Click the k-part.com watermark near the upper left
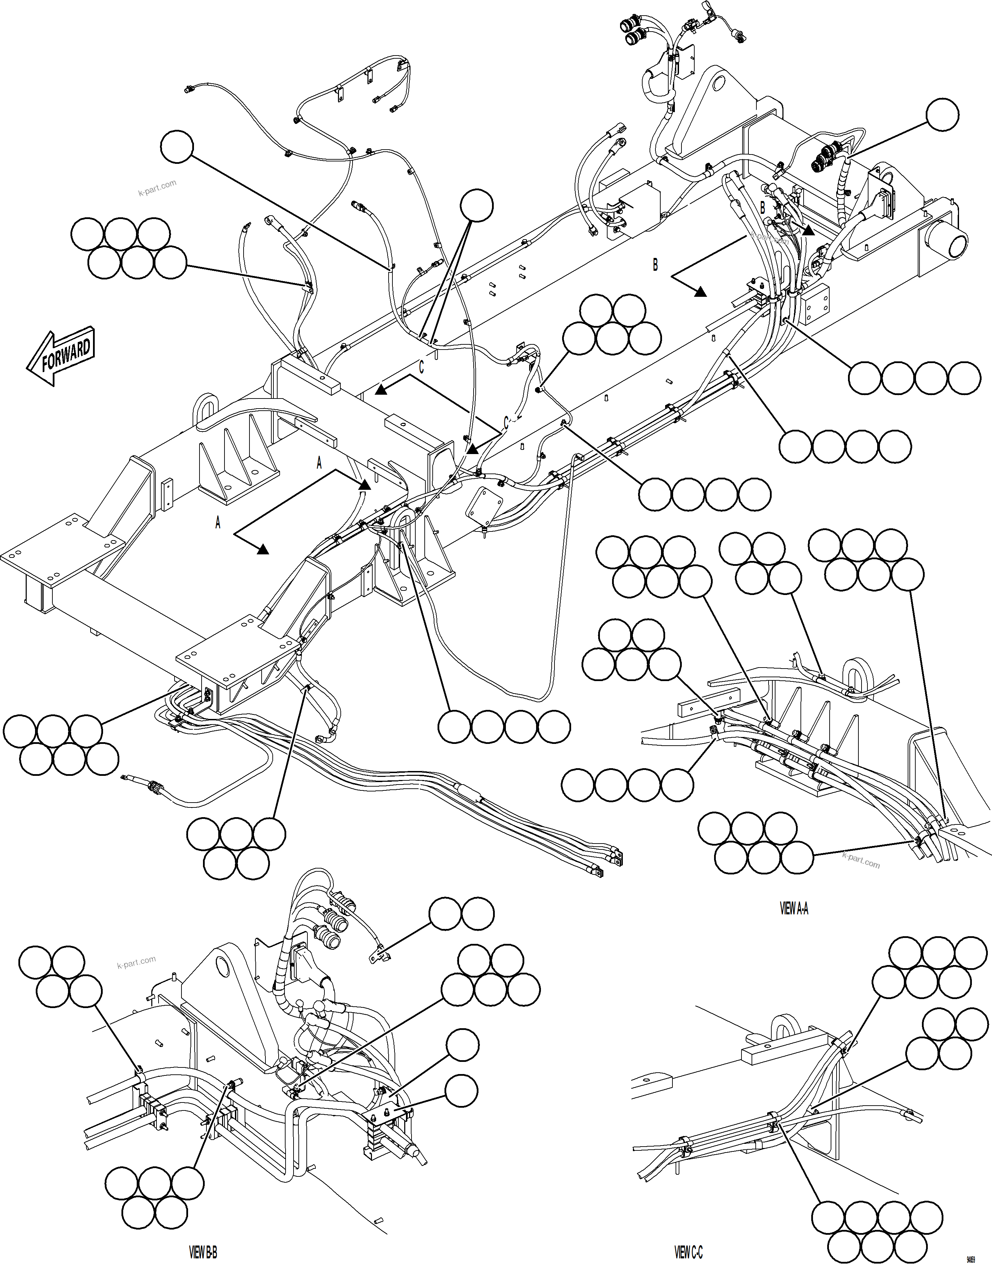tap(157, 188)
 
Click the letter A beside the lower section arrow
tap(218, 523)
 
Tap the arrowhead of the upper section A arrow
tap(364, 484)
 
